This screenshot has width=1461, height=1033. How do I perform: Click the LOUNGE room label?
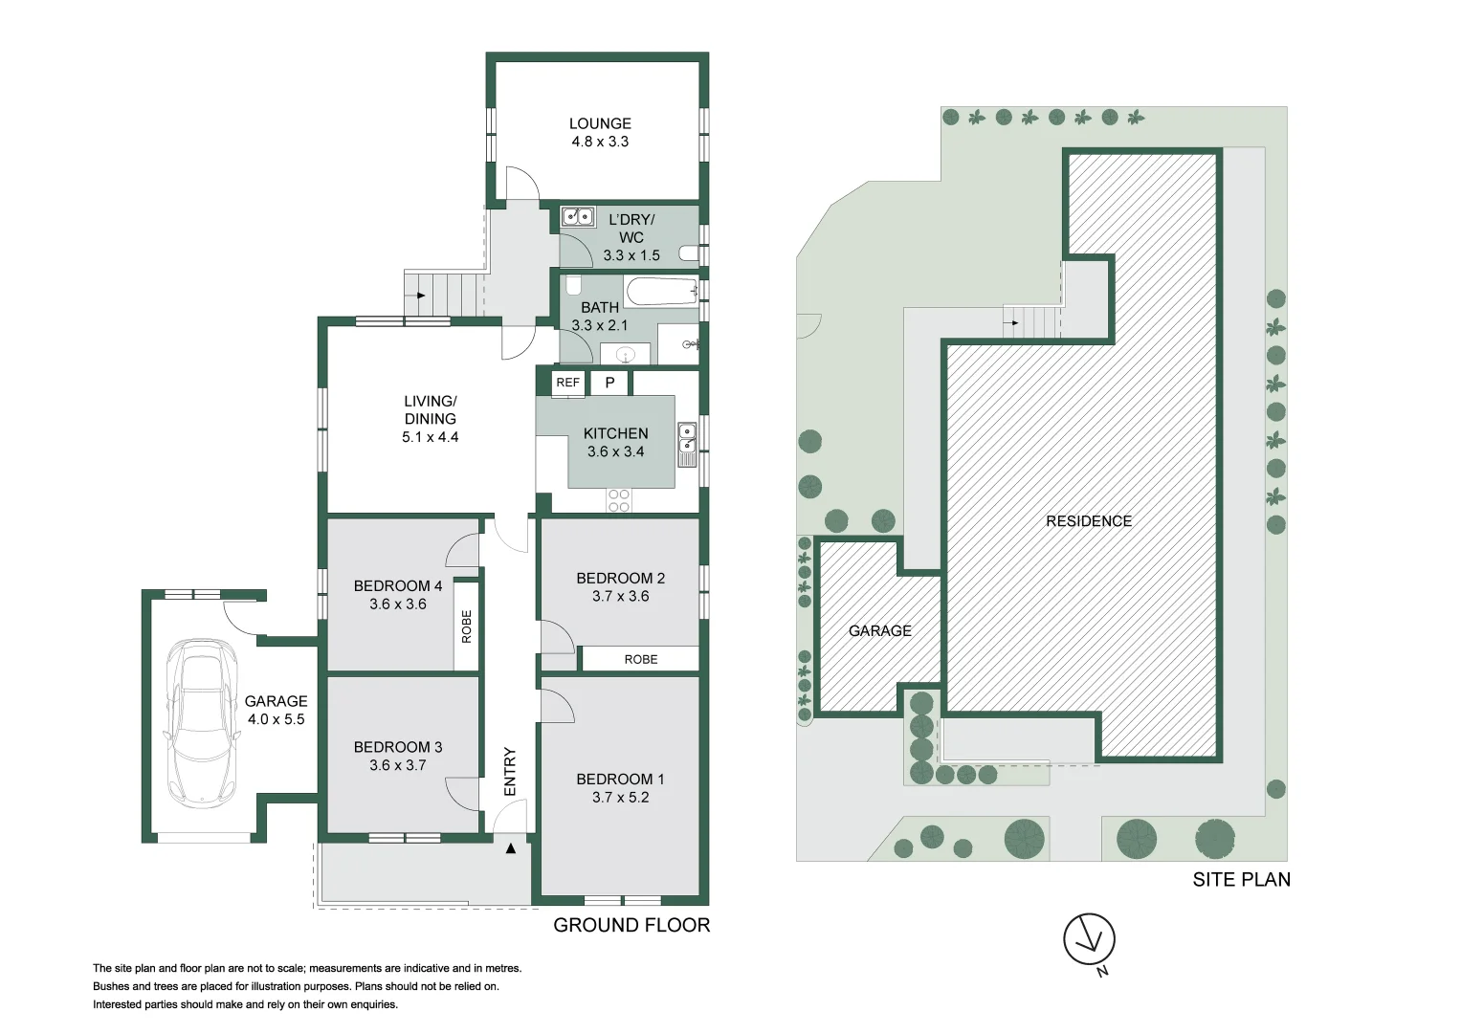pyautogui.click(x=600, y=123)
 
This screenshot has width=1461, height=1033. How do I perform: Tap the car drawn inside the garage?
pyautogui.click(x=203, y=723)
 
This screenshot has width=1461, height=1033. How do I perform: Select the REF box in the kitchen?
pyautogui.click(x=568, y=383)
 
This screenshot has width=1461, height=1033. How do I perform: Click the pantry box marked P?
pyautogui.click(x=609, y=383)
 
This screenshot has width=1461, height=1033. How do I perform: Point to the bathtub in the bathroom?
pyautogui.click(x=661, y=291)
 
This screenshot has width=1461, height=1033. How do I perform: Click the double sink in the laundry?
pyautogui.click(x=578, y=216)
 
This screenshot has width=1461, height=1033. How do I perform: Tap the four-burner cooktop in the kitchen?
pyautogui.click(x=618, y=500)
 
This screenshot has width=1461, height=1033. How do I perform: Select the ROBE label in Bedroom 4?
pyautogui.click(x=466, y=626)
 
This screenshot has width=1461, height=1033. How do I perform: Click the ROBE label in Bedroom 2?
pyautogui.click(x=640, y=659)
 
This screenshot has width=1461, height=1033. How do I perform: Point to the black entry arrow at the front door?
pyautogui.click(x=511, y=848)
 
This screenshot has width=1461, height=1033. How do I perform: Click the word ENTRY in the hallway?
pyautogui.click(x=510, y=772)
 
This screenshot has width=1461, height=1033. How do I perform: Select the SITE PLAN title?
pyautogui.click(x=1241, y=880)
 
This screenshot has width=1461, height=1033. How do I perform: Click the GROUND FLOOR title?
pyautogui.click(x=631, y=925)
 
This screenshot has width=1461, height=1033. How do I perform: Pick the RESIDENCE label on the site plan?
pyautogui.click(x=1089, y=521)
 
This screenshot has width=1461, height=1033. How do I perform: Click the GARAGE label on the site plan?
pyautogui.click(x=880, y=630)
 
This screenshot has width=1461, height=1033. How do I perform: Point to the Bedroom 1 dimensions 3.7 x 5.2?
pyautogui.click(x=620, y=797)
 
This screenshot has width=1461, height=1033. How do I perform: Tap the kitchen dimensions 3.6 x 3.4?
pyautogui.click(x=616, y=451)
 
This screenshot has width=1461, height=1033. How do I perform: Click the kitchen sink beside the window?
pyautogui.click(x=687, y=445)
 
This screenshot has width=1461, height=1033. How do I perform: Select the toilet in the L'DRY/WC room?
pyautogui.click(x=689, y=253)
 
